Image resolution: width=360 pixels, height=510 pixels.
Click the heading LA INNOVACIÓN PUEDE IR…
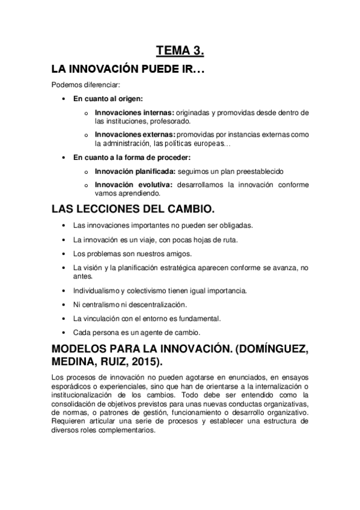coord(128,70)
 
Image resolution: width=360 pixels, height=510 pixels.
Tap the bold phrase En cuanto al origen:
coord(108,99)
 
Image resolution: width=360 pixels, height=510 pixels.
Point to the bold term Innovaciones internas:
coord(134,112)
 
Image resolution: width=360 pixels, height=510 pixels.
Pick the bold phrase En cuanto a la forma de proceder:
coord(131,158)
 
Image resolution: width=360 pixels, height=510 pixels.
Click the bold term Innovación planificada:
coord(135,171)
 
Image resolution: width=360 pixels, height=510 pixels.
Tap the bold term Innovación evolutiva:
coord(132,185)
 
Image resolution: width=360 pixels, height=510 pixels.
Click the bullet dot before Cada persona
coord(64,332)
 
